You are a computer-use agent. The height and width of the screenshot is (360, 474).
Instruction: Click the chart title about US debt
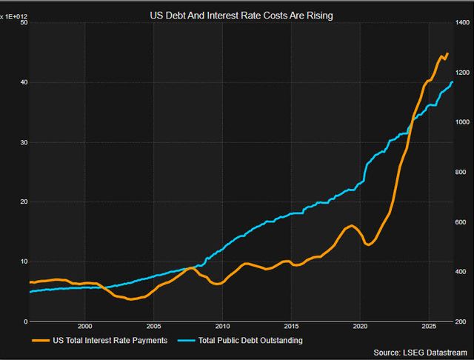point(241,16)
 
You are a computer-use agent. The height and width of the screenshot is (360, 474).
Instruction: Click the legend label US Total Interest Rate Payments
point(110,340)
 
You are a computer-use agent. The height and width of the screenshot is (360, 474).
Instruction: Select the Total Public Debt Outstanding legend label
point(250,340)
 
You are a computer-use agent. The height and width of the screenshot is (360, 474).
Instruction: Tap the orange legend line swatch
point(41,341)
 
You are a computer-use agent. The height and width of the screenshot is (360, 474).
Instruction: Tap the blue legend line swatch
point(186,341)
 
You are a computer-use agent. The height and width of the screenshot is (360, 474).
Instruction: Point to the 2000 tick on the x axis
point(85,327)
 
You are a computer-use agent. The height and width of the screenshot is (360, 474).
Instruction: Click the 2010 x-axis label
point(222,327)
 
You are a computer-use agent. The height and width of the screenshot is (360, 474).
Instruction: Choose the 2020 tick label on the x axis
point(360,327)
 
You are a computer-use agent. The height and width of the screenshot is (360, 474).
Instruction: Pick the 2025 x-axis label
point(429,327)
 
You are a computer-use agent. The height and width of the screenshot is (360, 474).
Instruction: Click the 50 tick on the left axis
point(24,22)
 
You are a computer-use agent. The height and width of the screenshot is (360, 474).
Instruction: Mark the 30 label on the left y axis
point(24,142)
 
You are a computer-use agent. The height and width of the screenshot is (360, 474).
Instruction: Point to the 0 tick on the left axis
point(26,321)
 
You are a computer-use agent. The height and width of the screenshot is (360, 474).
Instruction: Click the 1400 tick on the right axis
point(462,22)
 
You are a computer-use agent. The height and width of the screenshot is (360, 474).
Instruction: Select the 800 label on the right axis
point(461,172)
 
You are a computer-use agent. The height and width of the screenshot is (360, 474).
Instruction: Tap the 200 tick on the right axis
point(461,321)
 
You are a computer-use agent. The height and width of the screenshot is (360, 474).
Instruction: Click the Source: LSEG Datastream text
point(420,353)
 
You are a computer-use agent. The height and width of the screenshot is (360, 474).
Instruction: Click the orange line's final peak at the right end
point(447,53)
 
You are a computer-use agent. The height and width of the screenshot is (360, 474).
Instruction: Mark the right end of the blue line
point(453,81)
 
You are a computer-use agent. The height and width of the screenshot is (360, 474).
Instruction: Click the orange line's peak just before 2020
point(351,225)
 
